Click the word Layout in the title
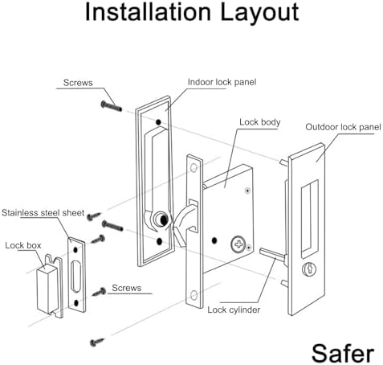click(x=259, y=14)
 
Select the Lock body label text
click(x=259, y=122)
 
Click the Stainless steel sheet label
click(x=42, y=212)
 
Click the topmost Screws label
click(x=79, y=83)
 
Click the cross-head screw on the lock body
click(x=238, y=243)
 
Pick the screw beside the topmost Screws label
click(x=110, y=104)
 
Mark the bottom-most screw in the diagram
click(x=97, y=341)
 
